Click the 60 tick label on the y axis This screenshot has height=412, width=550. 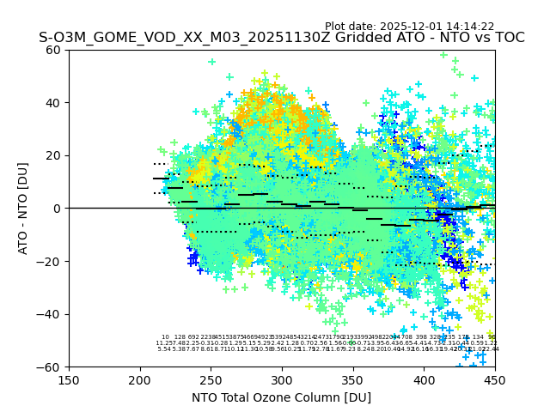[x=54, y=50]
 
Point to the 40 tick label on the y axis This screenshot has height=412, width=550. [x=54, y=103]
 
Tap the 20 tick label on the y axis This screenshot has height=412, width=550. [x=54, y=155]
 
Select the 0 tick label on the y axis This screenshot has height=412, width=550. [x=58, y=209]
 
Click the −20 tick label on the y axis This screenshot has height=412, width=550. [x=50, y=262]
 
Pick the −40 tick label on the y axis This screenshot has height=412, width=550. [x=50, y=314]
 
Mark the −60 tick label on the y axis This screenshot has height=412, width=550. [x=50, y=367]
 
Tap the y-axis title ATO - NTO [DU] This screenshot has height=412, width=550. [x=23, y=209]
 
